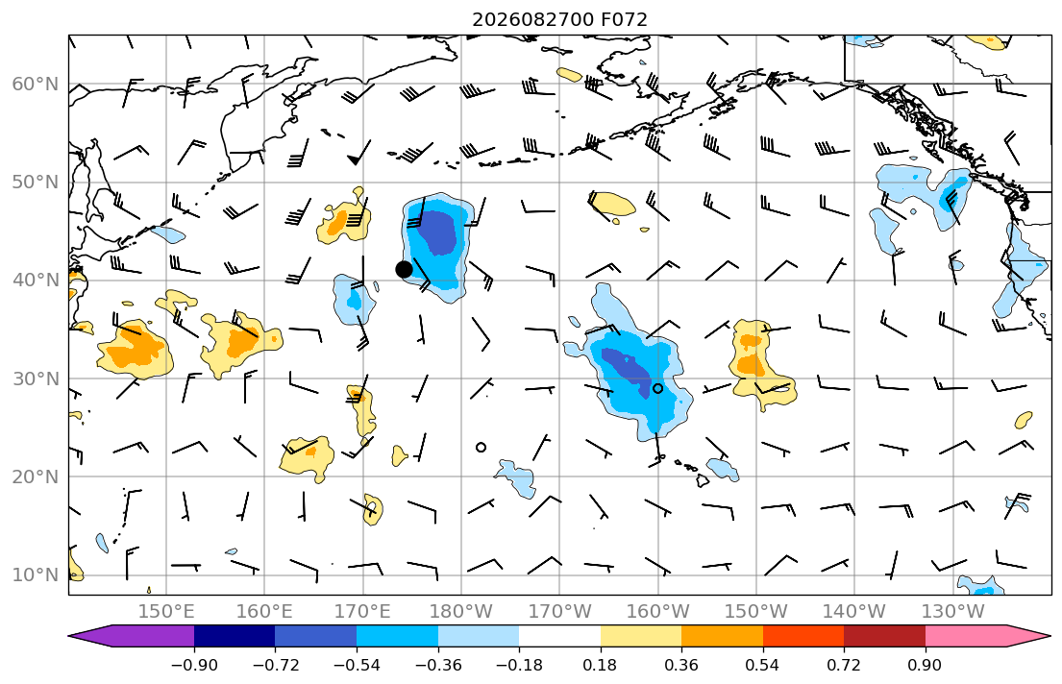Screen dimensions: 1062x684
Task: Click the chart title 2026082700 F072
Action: coord(559,19)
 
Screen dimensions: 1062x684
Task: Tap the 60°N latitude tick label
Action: coord(36,85)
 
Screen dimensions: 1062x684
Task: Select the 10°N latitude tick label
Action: coord(36,575)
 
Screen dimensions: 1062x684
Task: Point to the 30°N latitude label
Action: coord(36,379)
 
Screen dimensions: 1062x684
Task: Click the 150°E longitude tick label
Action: coord(166,612)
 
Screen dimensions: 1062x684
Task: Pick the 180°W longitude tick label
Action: coord(461,612)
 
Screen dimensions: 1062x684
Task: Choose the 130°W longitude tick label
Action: coord(953,612)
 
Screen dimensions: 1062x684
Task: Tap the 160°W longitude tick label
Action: coord(657,612)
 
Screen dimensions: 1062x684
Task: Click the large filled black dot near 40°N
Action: coord(404,270)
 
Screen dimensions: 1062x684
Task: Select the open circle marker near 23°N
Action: coord(481,447)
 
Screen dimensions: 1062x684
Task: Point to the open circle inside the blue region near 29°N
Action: coord(657,388)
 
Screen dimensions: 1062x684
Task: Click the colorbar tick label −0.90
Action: coord(194,665)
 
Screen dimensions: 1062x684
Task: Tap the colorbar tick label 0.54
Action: coord(763,665)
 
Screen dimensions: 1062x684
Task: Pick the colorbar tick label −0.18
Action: coord(519,665)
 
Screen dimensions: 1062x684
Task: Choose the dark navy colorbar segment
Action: coord(235,636)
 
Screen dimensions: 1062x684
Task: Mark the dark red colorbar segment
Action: coord(884,636)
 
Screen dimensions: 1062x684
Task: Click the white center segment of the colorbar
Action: coord(559,636)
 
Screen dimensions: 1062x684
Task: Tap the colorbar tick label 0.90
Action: coord(926,665)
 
